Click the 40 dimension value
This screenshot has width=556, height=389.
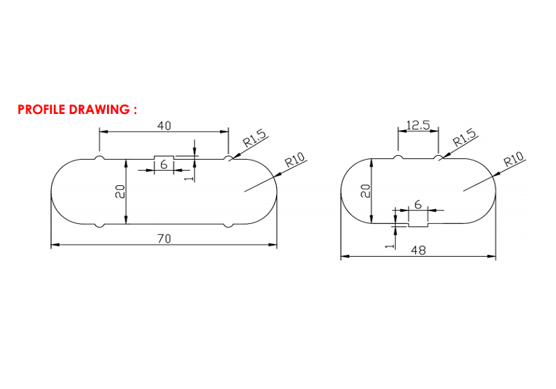click(x=164, y=125)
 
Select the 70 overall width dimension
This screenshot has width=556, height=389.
click(x=164, y=238)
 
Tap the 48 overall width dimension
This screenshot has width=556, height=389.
click(x=418, y=249)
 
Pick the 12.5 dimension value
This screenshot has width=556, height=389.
click(x=418, y=125)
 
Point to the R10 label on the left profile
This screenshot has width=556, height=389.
click(x=295, y=160)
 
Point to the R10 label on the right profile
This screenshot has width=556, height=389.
click(x=514, y=160)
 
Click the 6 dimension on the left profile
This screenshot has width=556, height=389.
click(x=164, y=165)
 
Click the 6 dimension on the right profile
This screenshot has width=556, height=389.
click(x=418, y=204)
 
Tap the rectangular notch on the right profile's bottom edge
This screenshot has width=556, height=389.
click(x=418, y=221)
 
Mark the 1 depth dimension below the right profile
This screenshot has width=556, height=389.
click(x=387, y=246)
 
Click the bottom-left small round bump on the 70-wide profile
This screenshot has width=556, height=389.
click(x=100, y=225)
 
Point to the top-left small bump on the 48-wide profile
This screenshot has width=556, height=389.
click(x=398, y=158)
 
